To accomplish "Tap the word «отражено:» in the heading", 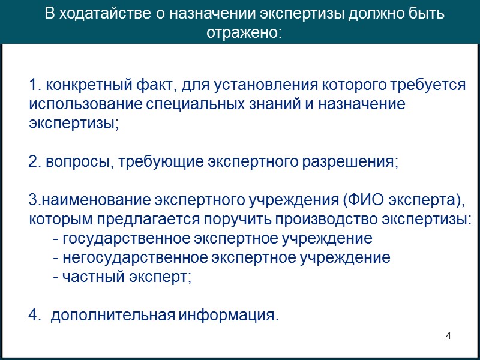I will click(x=244, y=32).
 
